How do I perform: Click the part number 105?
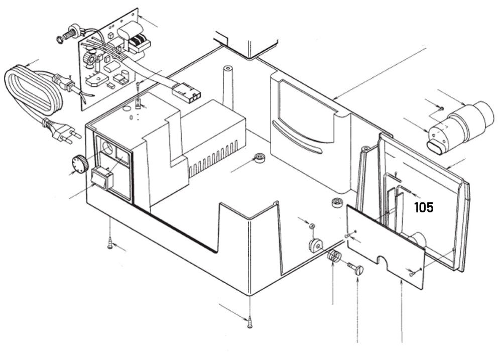tap(423, 207)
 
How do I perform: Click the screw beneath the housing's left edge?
tap(110, 245)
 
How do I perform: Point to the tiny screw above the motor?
tap(439, 107)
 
